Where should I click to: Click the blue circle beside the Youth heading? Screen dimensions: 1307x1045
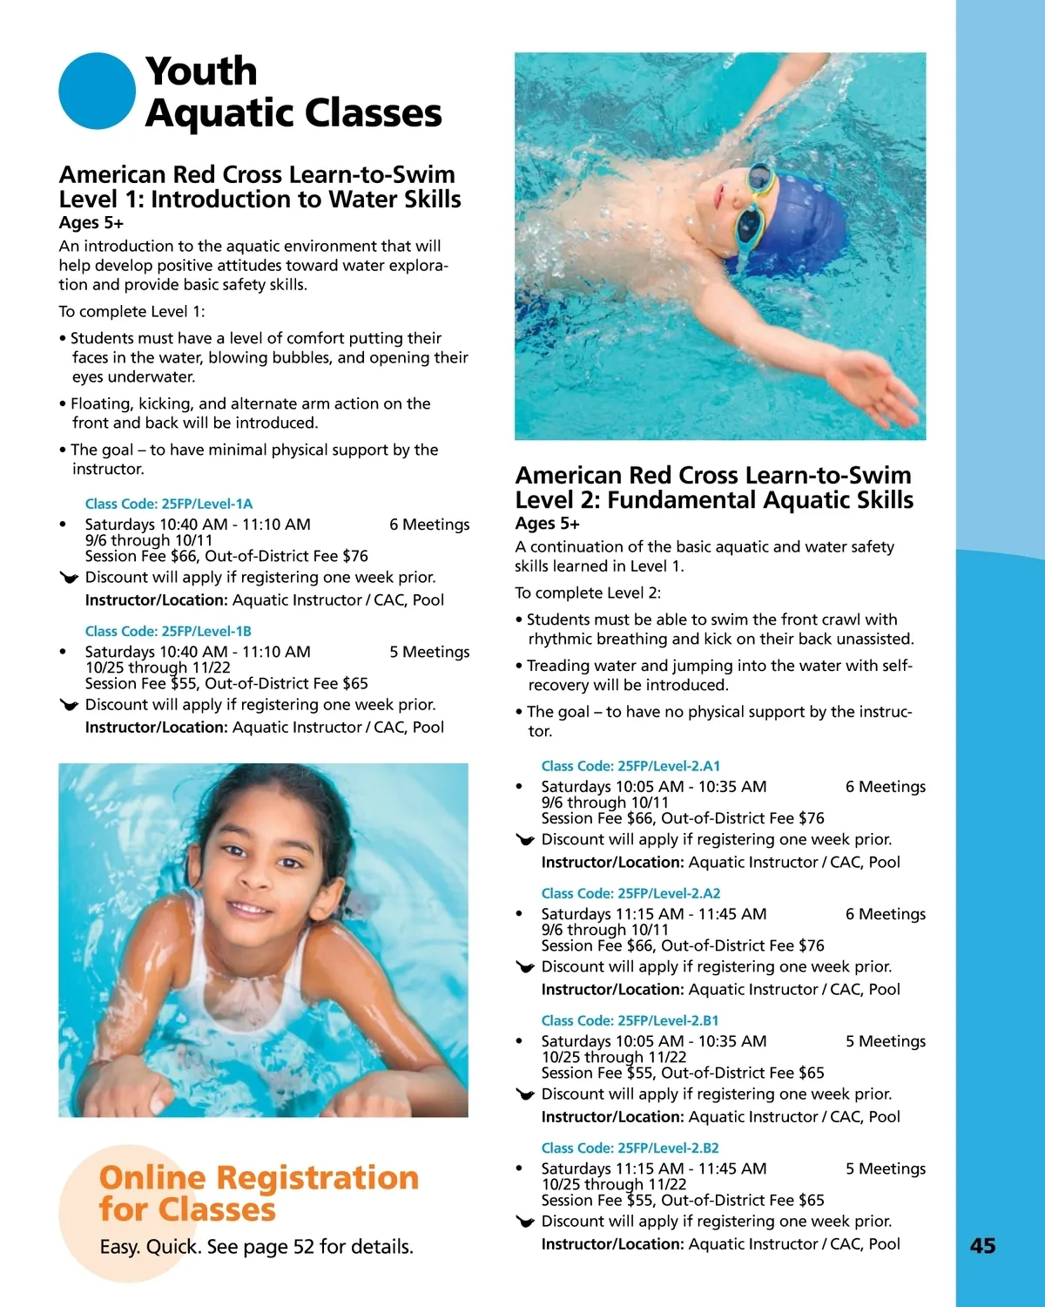coord(97,91)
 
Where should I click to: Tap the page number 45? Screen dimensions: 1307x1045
coord(982,1246)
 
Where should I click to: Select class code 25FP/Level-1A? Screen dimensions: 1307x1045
coord(168,504)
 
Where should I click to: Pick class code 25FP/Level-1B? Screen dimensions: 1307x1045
coord(168,631)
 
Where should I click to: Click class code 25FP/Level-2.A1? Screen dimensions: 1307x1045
coord(630,766)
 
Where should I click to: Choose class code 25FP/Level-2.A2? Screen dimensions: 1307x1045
coord(630,893)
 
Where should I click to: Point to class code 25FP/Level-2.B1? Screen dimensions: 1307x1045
coord(630,1020)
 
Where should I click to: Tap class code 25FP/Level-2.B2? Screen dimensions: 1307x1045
coord(630,1148)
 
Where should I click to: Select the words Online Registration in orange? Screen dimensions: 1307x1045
coord(259,1178)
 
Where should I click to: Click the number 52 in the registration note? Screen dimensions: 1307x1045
coord(303,1247)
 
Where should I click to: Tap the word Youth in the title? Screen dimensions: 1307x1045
coord(201,71)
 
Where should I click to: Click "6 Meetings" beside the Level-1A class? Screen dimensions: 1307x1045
coord(429,525)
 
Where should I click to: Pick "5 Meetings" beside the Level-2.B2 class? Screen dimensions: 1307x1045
coord(885,1168)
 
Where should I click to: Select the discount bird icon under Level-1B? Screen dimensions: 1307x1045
coord(69,705)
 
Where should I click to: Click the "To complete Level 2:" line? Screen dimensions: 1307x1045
coord(588,593)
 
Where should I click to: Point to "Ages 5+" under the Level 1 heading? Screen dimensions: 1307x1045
coord(91,223)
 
